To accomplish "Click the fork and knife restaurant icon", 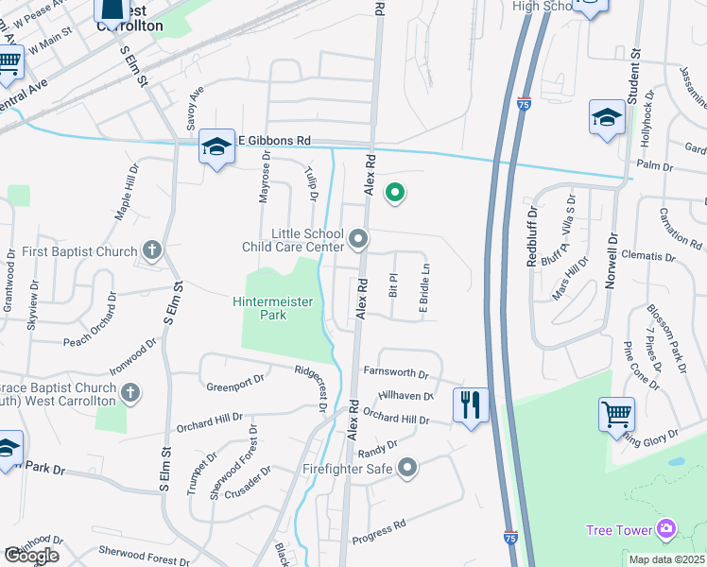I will coord(471,405).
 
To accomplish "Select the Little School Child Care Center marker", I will coord(358,241).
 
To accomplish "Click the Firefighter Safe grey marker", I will coord(407,468).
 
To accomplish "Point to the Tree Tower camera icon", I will coord(666,528).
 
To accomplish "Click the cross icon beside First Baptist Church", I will coord(150,251).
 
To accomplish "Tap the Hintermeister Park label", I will coord(273,308).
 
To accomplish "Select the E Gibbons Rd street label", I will coord(274,140).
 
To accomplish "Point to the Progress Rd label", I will coord(378,532).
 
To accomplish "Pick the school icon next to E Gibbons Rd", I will coord(216,147).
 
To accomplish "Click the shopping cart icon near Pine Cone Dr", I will coord(616,414).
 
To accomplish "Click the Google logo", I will coord(31,556).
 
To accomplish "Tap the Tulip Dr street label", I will coord(309,182).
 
